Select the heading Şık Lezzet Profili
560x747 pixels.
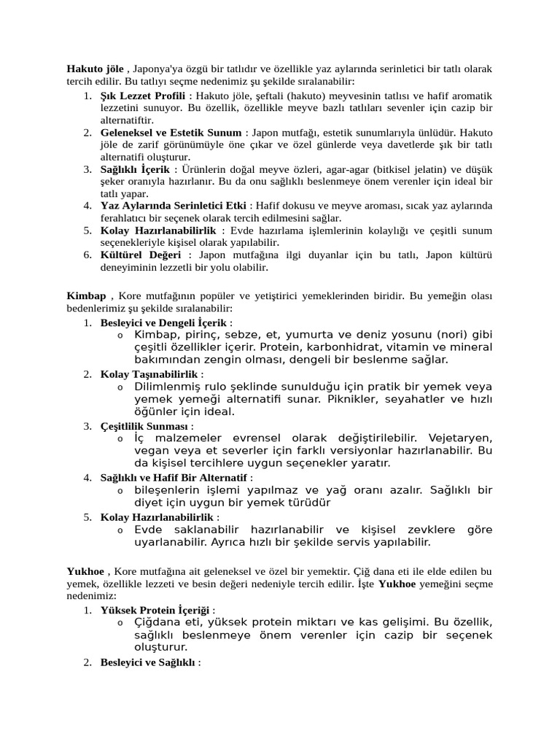[142, 96]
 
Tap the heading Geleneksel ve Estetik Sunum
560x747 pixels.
[171, 133]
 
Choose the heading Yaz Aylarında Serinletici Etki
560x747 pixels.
[174, 206]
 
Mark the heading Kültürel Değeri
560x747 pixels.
[141, 255]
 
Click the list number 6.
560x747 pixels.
[87, 255]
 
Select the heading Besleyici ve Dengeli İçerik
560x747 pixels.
[164, 322]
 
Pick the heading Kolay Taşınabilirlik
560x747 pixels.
[149, 373]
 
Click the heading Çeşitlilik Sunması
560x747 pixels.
[145, 425]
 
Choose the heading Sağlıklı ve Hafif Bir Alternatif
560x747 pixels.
[174, 477]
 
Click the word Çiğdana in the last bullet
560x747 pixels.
[159, 622]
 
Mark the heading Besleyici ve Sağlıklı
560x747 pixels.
[148, 662]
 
